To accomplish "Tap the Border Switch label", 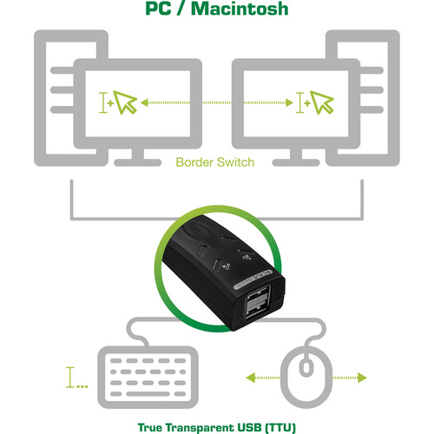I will (214, 161).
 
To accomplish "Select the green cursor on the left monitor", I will (127, 103).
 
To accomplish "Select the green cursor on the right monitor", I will (322, 103).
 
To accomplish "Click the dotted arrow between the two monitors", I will (214, 104).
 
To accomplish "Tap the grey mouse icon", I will (306, 375).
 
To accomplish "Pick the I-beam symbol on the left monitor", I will (106, 104).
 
